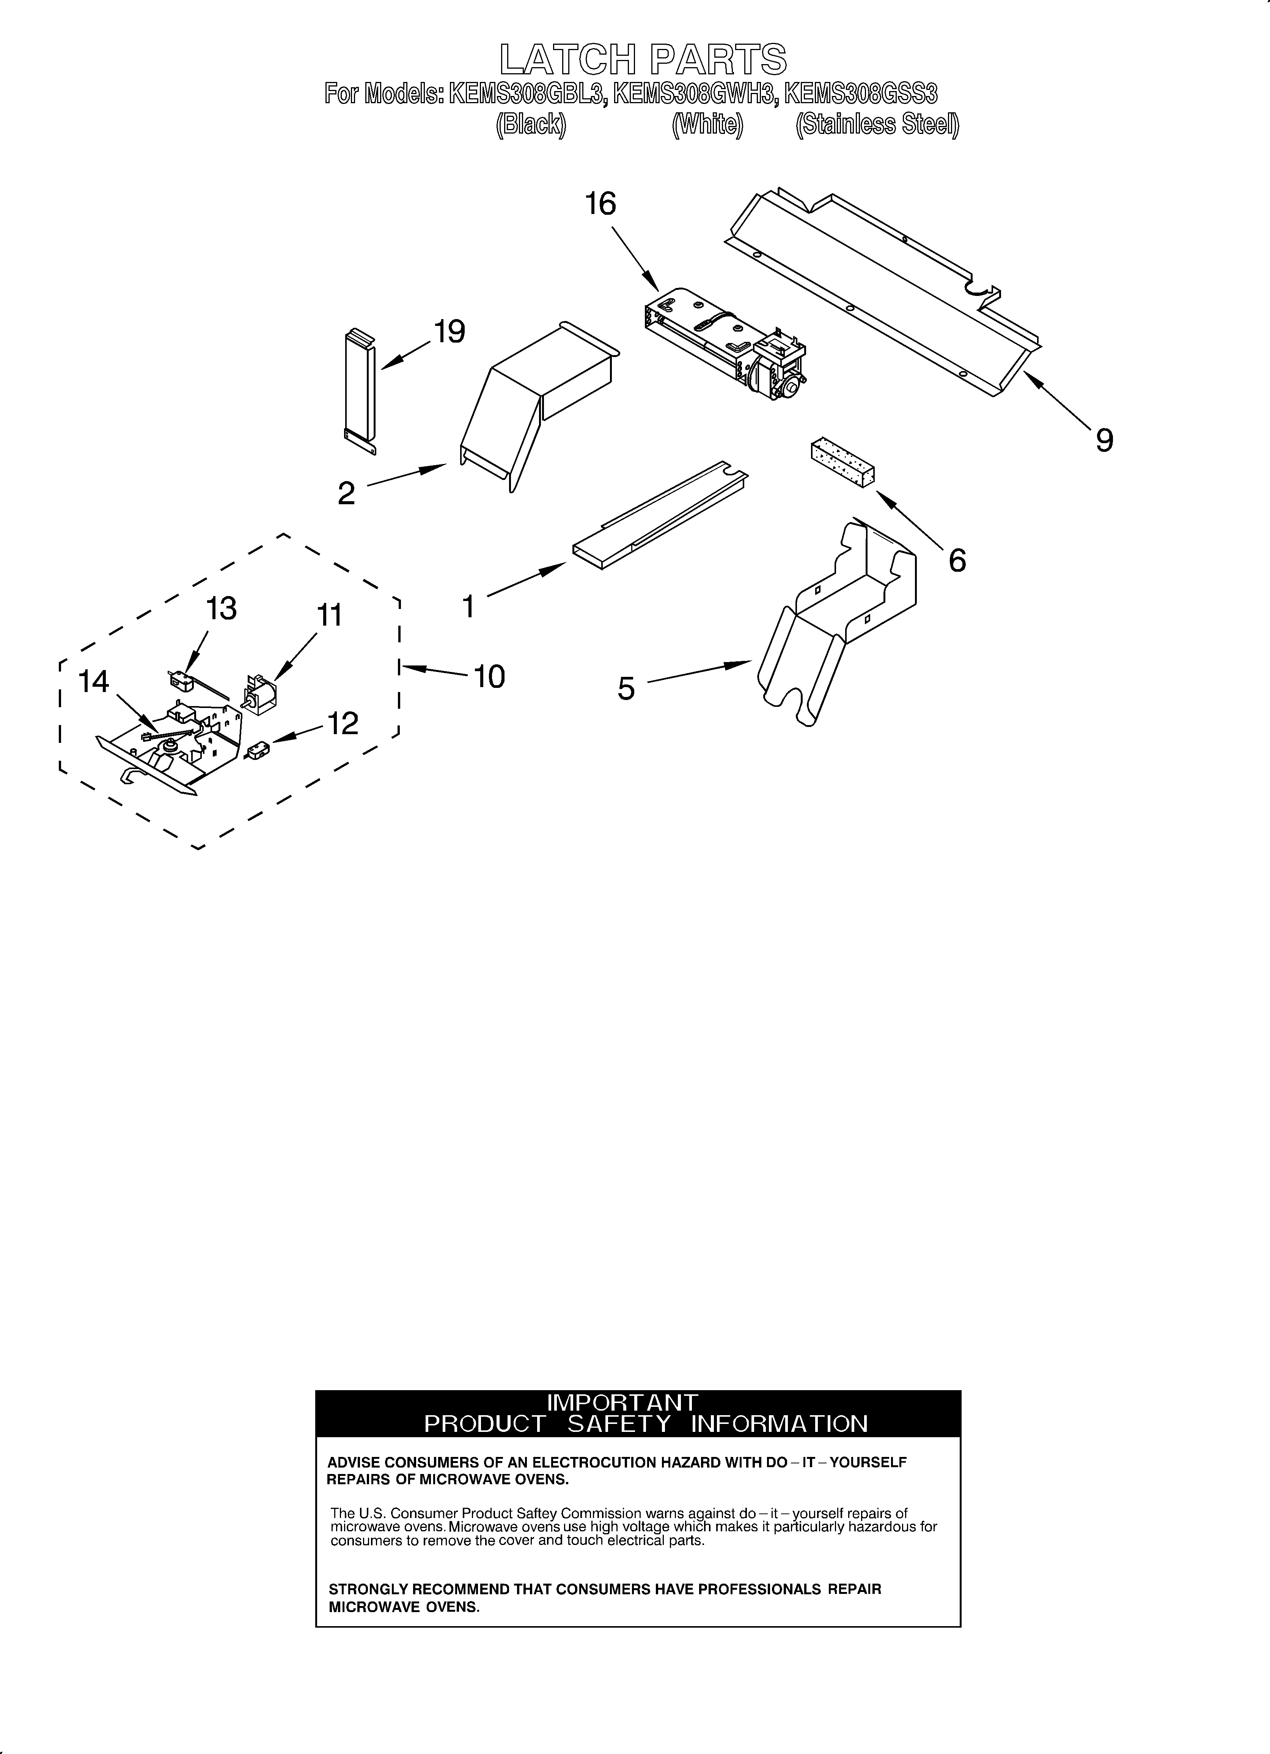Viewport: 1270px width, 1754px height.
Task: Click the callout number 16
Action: tap(600, 204)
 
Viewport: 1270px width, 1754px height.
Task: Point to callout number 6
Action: tap(957, 561)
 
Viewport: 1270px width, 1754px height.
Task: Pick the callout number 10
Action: tap(489, 677)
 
